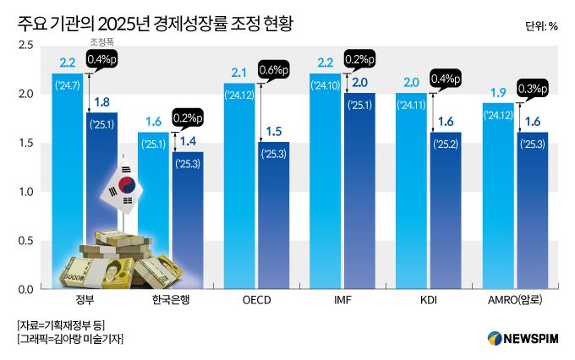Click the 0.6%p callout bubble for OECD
pos(277,69)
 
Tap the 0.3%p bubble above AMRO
pos(534,89)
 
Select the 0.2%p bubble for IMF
pos(363,60)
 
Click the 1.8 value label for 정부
pos(101,102)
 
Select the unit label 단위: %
pos(540,25)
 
